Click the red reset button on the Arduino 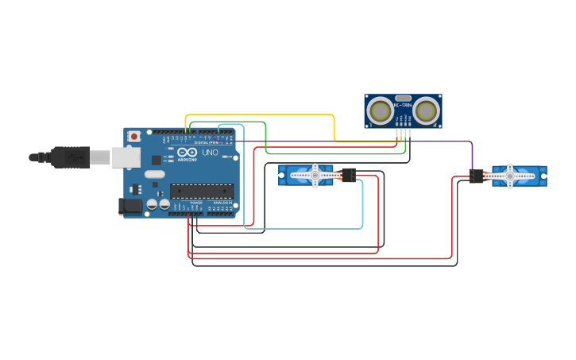click(134, 137)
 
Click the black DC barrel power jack click(130, 207)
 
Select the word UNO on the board click(210, 153)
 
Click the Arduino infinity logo click(187, 153)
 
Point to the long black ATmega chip click(202, 191)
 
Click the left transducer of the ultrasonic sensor click(381, 110)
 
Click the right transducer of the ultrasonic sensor click(427, 110)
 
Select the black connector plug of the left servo click(348, 175)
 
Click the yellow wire click(262, 115)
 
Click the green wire click(265, 135)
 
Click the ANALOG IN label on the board click(222, 203)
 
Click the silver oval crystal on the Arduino click(154, 174)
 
